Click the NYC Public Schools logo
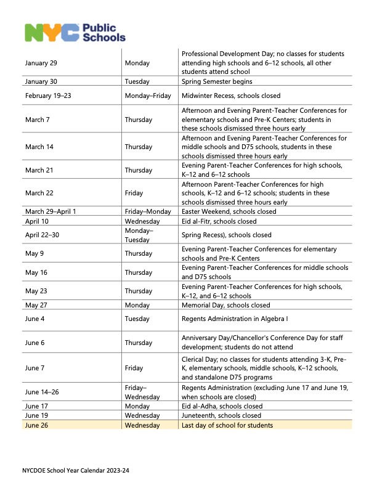click(75, 31)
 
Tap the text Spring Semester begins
click(217, 81)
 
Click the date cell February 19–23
click(47, 96)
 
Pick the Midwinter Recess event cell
click(231, 96)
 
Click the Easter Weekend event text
click(229, 211)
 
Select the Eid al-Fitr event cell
click(219, 221)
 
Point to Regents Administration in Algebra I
click(235, 319)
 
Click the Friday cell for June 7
click(134, 368)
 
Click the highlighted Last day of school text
click(227, 425)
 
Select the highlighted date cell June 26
click(36, 425)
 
